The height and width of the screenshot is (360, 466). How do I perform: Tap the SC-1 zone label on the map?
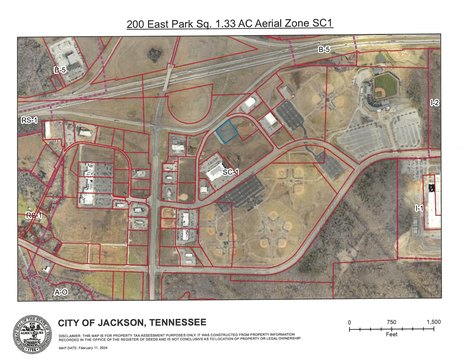(x=231, y=172)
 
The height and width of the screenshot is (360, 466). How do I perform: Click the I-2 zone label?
(x=433, y=103)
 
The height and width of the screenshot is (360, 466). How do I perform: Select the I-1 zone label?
(x=419, y=207)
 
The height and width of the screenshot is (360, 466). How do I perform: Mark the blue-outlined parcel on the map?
(x=229, y=129)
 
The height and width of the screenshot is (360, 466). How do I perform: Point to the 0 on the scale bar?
(x=350, y=322)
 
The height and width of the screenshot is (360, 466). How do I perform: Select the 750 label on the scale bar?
(x=392, y=322)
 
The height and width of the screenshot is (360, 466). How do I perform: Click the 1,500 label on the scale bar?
(x=434, y=322)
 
